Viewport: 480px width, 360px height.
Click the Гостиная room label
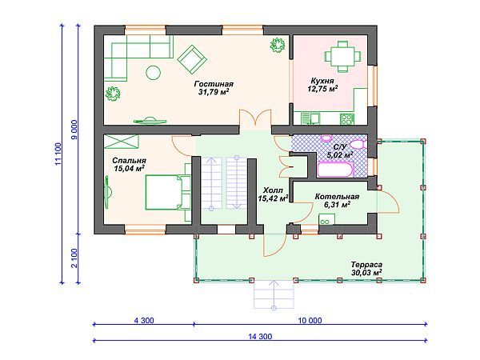click(x=214, y=88)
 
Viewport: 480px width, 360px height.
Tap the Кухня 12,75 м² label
click(x=322, y=85)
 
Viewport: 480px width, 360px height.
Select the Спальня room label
click(x=129, y=164)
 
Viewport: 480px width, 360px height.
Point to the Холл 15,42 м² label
click(x=273, y=194)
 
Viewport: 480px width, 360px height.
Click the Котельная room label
click(x=337, y=201)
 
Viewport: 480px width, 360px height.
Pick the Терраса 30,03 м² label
click(x=366, y=269)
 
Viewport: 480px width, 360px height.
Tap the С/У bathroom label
click(x=340, y=151)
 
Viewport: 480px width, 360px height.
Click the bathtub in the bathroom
click(x=335, y=170)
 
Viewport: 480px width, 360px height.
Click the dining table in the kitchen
click(x=342, y=57)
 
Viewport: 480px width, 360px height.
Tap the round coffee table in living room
click(x=153, y=73)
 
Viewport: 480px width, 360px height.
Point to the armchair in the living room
click(x=192, y=60)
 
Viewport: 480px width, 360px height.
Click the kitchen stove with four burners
click(x=347, y=119)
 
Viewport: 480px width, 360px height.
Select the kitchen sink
click(x=310, y=118)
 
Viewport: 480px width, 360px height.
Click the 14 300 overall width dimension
click(x=260, y=337)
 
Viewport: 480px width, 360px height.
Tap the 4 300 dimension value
click(x=144, y=321)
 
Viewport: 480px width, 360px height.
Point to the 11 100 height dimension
click(x=58, y=154)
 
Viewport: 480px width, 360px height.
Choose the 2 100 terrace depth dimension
click(x=74, y=258)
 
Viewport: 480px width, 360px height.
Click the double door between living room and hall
click(x=255, y=118)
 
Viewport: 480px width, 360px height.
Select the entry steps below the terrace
click(x=274, y=294)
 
